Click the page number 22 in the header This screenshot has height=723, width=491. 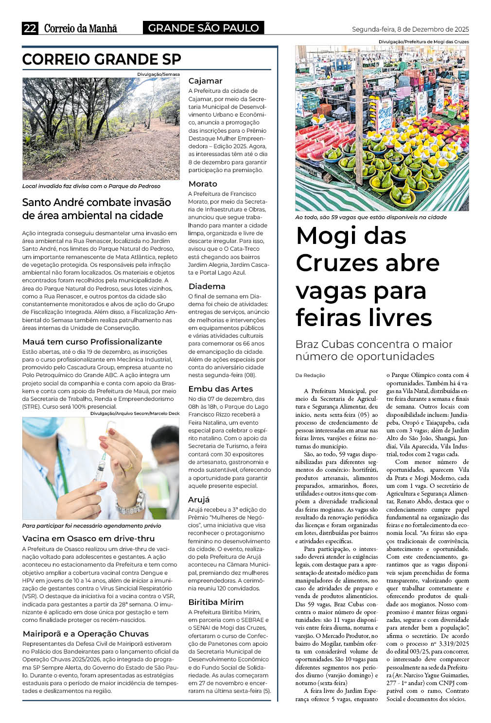click(30, 28)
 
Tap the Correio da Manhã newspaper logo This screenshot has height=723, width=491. click(81, 28)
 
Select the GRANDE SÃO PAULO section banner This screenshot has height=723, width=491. click(203, 28)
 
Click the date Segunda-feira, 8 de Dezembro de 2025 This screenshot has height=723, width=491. click(410, 29)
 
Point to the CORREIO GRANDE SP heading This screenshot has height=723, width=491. click(102, 59)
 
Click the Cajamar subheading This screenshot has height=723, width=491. click(205, 81)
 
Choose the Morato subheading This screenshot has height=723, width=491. click(203, 184)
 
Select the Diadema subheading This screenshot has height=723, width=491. click(207, 287)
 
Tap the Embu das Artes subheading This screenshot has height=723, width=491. click(220, 389)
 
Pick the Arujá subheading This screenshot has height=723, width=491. click(199, 500)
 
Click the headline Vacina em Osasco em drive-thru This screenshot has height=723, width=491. click(88, 539)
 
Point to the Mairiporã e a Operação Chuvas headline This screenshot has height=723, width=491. click(86, 634)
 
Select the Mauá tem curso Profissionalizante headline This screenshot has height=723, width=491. click(92, 342)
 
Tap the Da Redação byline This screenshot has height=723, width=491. click(310, 375)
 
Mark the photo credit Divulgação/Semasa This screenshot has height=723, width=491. click(158, 74)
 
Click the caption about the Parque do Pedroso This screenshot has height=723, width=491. click(91, 186)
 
